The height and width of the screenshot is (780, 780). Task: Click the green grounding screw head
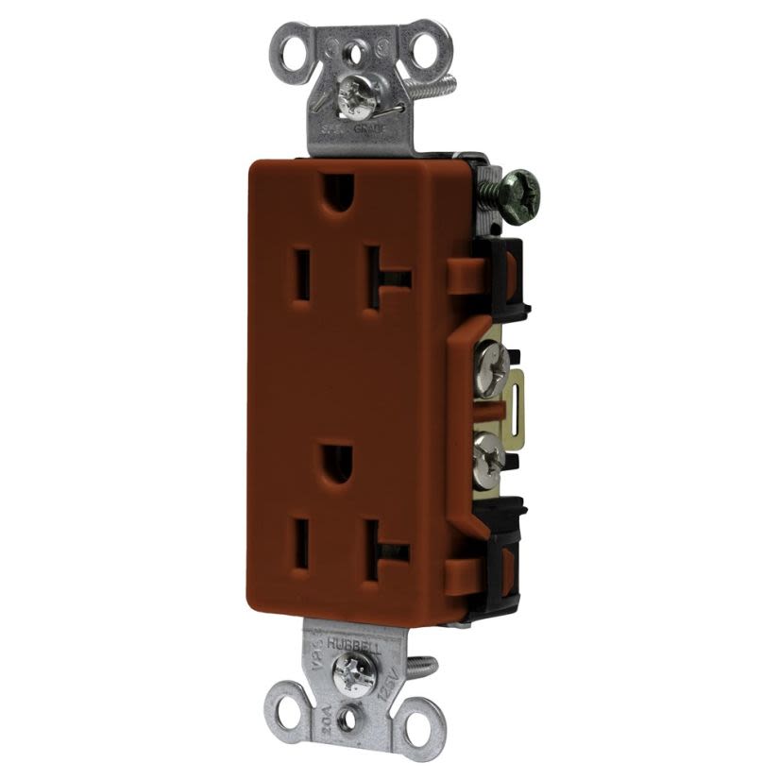click(517, 183)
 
